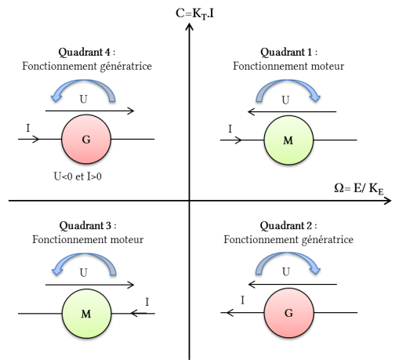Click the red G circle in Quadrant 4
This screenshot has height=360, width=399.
click(x=86, y=139)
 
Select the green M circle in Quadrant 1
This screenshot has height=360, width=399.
click(x=288, y=140)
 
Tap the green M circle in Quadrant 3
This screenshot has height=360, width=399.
click(x=86, y=314)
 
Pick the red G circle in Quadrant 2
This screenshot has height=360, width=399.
click(x=288, y=313)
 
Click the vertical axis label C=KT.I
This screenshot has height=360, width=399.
click(x=195, y=13)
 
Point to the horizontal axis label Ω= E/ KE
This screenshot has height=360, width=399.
click(x=359, y=189)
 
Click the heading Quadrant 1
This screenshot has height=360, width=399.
click(x=288, y=52)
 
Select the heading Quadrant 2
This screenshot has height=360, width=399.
click(x=288, y=225)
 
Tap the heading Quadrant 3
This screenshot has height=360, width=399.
click(x=88, y=225)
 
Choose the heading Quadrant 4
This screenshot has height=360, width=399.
click(x=87, y=52)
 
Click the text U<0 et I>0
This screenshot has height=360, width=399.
click(x=78, y=176)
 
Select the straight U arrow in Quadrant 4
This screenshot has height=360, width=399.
click(x=89, y=111)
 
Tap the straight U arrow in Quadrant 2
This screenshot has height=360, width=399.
click(x=292, y=284)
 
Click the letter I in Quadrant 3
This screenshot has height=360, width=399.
click(x=147, y=302)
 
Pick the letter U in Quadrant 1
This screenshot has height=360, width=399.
click(x=285, y=100)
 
